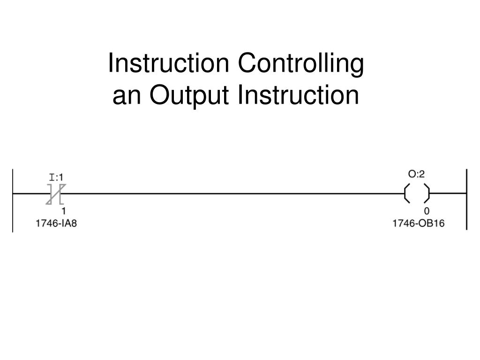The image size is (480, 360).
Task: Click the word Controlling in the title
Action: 300,64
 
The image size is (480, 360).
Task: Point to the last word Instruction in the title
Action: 299,95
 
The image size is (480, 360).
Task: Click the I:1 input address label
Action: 56,177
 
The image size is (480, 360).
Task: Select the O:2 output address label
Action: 416,174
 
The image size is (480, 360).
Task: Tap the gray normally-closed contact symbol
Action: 56,194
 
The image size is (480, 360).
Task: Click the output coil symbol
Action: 417,193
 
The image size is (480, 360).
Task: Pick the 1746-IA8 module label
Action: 56,224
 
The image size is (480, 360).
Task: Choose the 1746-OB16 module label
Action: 419,224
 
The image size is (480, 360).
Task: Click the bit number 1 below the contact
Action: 64,211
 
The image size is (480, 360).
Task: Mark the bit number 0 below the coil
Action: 427,211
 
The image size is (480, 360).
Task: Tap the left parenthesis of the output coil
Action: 407,193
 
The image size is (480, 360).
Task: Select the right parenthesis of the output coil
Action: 427,193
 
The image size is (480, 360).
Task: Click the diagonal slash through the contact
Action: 56,194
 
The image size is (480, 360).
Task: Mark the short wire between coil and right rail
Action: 448,193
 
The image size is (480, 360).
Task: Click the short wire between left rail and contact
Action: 30,193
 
